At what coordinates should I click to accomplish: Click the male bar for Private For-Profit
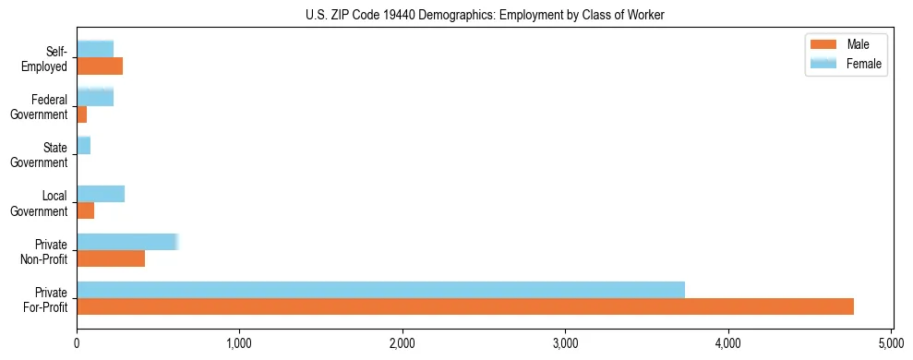pyautogui.click(x=465, y=306)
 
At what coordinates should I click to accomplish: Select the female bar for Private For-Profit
pyautogui.click(x=380, y=290)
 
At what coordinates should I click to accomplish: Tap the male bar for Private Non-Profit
pyautogui.click(x=111, y=258)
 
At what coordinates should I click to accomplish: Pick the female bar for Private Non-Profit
pyautogui.click(x=126, y=242)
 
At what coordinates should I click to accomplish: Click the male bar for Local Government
pyautogui.click(x=86, y=210)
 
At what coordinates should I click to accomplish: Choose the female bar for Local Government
pyautogui.click(x=101, y=194)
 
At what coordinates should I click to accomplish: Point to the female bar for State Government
pyautogui.click(x=84, y=146)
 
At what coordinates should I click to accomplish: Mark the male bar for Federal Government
pyautogui.click(x=82, y=114)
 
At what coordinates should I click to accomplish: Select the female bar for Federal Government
pyautogui.click(x=95, y=98)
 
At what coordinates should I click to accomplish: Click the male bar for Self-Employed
pyautogui.click(x=100, y=66)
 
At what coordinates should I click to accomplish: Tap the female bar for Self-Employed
pyautogui.click(x=95, y=49)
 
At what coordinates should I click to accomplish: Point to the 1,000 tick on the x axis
pyautogui.click(x=240, y=342)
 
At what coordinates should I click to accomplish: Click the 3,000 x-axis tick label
pyautogui.click(x=565, y=342)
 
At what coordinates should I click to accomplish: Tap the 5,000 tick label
pyautogui.click(x=891, y=342)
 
